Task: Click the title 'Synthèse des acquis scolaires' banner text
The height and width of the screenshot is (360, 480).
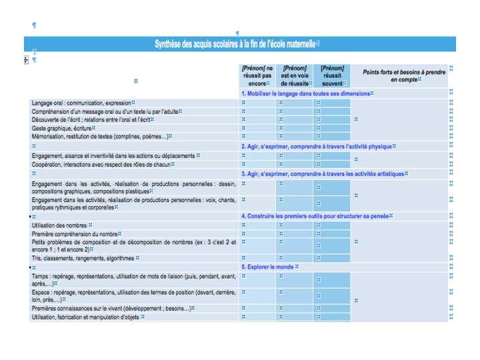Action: point(237,44)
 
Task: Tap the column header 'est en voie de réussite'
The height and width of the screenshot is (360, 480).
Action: point(295,76)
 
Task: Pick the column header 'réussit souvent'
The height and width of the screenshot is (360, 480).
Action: point(332,76)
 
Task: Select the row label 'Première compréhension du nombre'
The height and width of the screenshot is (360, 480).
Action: point(75,234)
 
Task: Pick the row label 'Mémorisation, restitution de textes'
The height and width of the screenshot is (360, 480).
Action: point(100,136)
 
